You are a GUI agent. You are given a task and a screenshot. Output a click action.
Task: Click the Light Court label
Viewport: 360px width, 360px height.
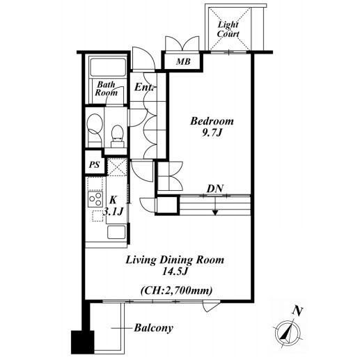click(228, 29)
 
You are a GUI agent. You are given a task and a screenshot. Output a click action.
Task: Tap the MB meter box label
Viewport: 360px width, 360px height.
click(183, 61)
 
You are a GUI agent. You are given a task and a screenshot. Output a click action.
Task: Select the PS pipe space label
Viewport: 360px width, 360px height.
click(95, 165)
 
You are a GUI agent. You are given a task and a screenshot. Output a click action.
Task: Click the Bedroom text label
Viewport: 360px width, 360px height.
click(212, 121)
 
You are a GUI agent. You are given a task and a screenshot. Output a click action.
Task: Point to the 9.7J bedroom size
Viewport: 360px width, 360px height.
click(212, 133)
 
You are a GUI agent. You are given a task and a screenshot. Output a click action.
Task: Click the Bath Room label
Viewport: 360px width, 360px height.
click(106, 88)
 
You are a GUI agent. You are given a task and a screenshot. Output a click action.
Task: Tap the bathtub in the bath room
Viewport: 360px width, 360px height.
click(108, 67)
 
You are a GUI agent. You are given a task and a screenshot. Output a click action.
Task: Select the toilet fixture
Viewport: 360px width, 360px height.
click(117, 136)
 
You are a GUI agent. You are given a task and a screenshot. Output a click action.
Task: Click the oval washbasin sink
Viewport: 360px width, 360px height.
click(95, 123)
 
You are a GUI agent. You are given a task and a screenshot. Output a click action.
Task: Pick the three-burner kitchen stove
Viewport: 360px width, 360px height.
click(95, 200)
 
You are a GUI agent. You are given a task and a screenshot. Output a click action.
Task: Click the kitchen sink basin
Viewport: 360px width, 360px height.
click(116, 232)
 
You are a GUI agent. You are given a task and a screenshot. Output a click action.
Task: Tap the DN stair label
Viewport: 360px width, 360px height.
click(215, 189)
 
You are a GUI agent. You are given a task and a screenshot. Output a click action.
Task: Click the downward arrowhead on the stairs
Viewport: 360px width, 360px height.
click(215, 212)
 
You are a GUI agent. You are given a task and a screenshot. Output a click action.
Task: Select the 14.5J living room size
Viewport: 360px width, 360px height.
click(175, 272)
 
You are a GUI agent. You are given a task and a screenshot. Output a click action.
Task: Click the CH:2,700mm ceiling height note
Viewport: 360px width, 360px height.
click(176, 290)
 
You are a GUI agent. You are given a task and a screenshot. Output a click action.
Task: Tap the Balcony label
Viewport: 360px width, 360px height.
click(154, 328)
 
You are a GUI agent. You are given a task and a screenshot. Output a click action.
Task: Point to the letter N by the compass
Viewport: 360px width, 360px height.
click(297, 311)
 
